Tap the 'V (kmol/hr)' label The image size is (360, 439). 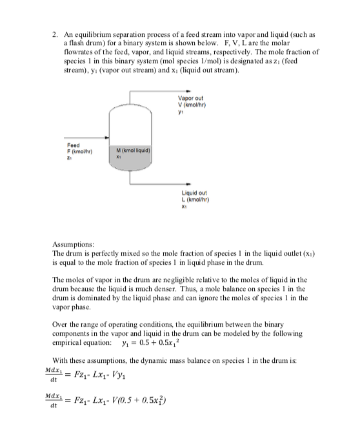(x=197, y=105)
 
